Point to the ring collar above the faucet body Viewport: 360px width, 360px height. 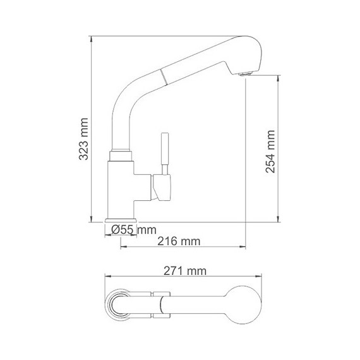pos(120,154)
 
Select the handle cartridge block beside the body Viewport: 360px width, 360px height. pos(161,188)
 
